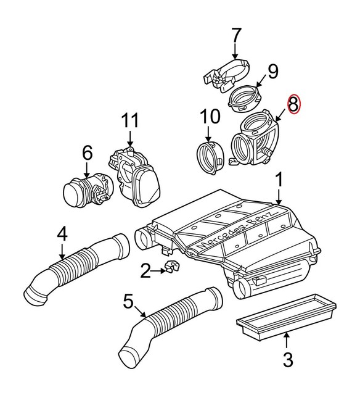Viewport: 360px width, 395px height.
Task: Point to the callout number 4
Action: pyautogui.click(x=62, y=235)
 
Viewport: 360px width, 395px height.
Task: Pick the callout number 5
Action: pyautogui.click(x=128, y=302)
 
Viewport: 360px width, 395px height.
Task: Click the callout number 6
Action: pyautogui.click(x=86, y=152)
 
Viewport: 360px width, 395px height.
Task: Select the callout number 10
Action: pyautogui.click(x=210, y=116)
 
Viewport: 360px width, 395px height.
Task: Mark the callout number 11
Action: pyautogui.click(x=130, y=120)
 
